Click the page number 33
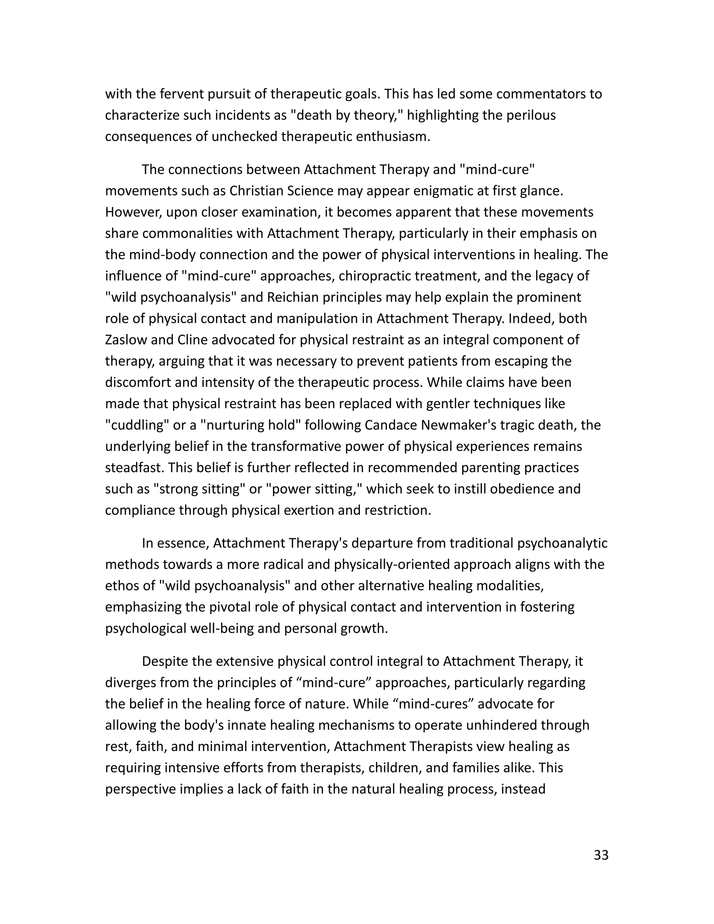tap(601, 855)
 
